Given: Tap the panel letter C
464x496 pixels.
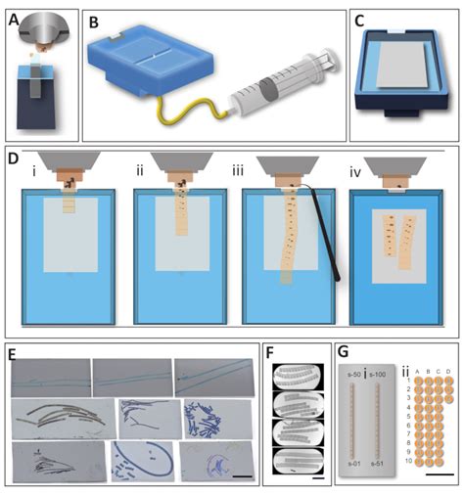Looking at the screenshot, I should point(360,20).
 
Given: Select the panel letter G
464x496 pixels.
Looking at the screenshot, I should point(345,349).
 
